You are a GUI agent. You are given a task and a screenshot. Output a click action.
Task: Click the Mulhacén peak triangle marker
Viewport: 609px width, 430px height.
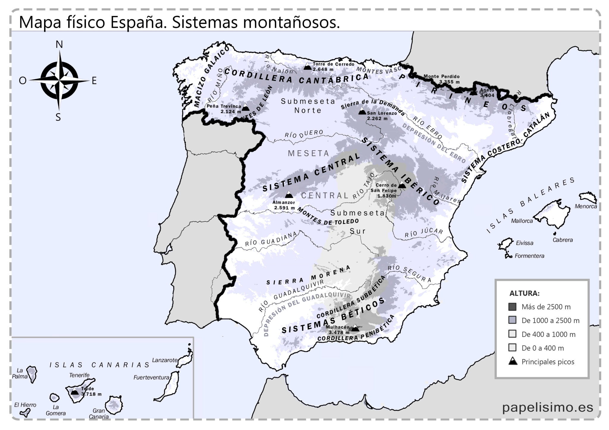[x=355, y=328]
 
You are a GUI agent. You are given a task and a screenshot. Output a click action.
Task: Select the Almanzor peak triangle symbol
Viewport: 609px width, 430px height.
[x=289, y=195]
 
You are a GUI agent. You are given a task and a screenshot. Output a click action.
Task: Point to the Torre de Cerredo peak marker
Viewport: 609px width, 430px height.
[x=307, y=67]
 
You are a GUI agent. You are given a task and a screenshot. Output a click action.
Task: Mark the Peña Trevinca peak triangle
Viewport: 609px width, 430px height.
[x=246, y=108]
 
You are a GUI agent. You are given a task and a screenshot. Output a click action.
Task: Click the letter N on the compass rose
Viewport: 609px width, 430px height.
[x=59, y=45]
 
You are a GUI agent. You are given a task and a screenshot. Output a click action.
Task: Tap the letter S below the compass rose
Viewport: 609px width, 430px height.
[x=58, y=118]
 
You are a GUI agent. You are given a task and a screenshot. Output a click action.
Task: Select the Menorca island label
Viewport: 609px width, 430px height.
[x=586, y=206]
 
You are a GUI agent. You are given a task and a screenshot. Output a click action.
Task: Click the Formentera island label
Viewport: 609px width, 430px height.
[x=529, y=256]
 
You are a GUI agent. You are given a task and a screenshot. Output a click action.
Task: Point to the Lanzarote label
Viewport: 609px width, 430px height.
[x=164, y=360]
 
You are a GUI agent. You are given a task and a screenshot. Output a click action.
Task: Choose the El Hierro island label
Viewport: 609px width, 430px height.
[x=25, y=405]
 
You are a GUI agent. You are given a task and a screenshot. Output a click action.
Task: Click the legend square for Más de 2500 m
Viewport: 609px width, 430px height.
[x=512, y=307]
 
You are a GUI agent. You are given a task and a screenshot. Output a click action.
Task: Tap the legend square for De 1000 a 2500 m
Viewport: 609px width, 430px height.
[x=512, y=320]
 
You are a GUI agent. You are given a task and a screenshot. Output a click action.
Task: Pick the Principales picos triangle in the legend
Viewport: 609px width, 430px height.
[x=513, y=361]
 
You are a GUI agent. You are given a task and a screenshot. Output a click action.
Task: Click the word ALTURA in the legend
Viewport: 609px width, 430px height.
[x=524, y=293]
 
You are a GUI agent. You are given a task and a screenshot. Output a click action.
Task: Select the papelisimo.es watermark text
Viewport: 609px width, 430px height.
[x=547, y=407]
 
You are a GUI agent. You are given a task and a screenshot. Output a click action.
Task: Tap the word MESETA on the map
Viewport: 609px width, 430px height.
[x=308, y=153]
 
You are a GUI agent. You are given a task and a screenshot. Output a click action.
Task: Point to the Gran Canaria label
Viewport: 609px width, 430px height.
[x=99, y=413]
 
